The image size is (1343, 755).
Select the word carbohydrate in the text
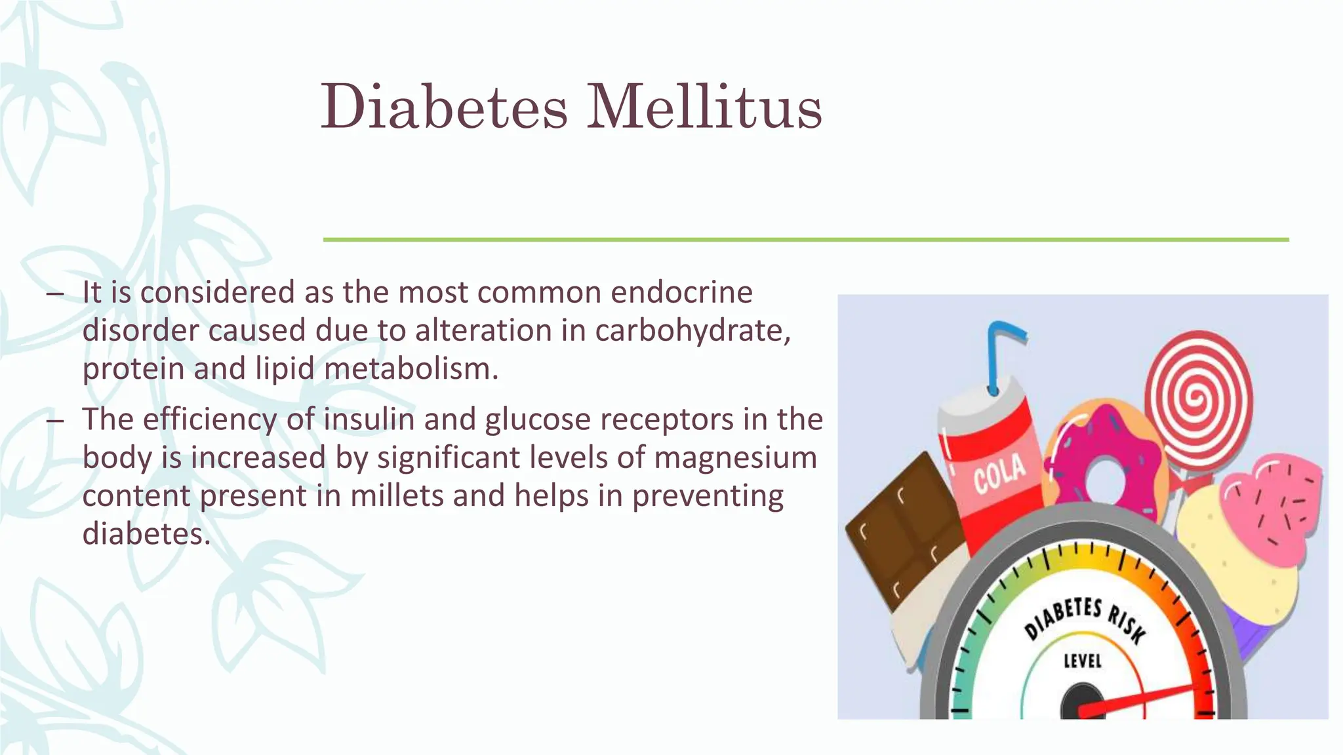click(692, 330)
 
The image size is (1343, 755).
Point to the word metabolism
click(411, 368)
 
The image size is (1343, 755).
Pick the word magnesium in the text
click(735, 457)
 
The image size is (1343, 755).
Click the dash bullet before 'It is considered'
click(55, 294)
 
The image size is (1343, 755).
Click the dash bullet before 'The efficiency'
click(55, 421)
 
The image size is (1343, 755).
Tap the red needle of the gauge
click(1141, 698)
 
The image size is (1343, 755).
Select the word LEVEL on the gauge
click(1083, 660)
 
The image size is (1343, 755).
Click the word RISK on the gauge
click(1127, 623)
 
